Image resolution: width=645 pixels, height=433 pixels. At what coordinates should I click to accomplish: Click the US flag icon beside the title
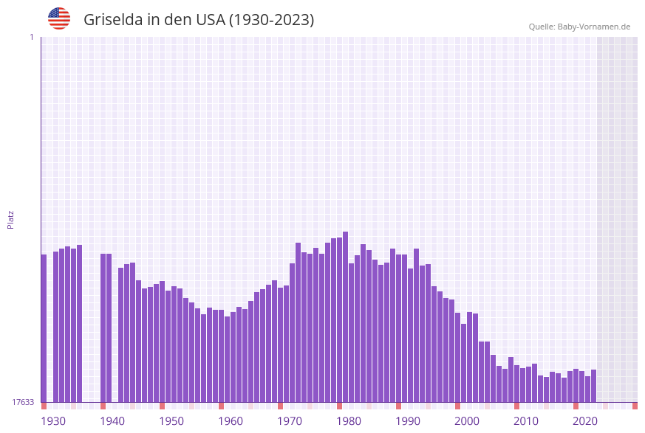[59, 18]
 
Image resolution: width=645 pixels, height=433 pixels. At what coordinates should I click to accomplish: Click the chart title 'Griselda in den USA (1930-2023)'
[199, 20]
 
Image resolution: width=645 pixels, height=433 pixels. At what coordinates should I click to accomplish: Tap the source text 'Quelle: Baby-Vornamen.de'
[579, 27]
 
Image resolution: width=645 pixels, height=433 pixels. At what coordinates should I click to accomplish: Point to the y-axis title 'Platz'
[11, 219]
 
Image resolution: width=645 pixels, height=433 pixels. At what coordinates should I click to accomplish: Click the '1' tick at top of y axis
[31, 37]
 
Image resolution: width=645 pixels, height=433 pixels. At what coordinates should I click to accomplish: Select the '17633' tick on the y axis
[22, 402]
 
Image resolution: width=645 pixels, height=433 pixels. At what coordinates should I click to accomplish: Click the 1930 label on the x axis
[52, 421]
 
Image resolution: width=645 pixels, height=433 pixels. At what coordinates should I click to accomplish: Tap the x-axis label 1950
[171, 421]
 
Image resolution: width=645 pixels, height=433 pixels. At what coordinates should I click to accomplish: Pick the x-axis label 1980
[349, 421]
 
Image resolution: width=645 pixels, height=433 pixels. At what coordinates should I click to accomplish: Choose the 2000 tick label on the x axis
[467, 421]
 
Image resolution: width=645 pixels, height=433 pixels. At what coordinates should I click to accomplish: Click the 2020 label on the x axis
[585, 421]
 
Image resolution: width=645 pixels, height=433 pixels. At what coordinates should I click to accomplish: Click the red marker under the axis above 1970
[280, 406]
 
